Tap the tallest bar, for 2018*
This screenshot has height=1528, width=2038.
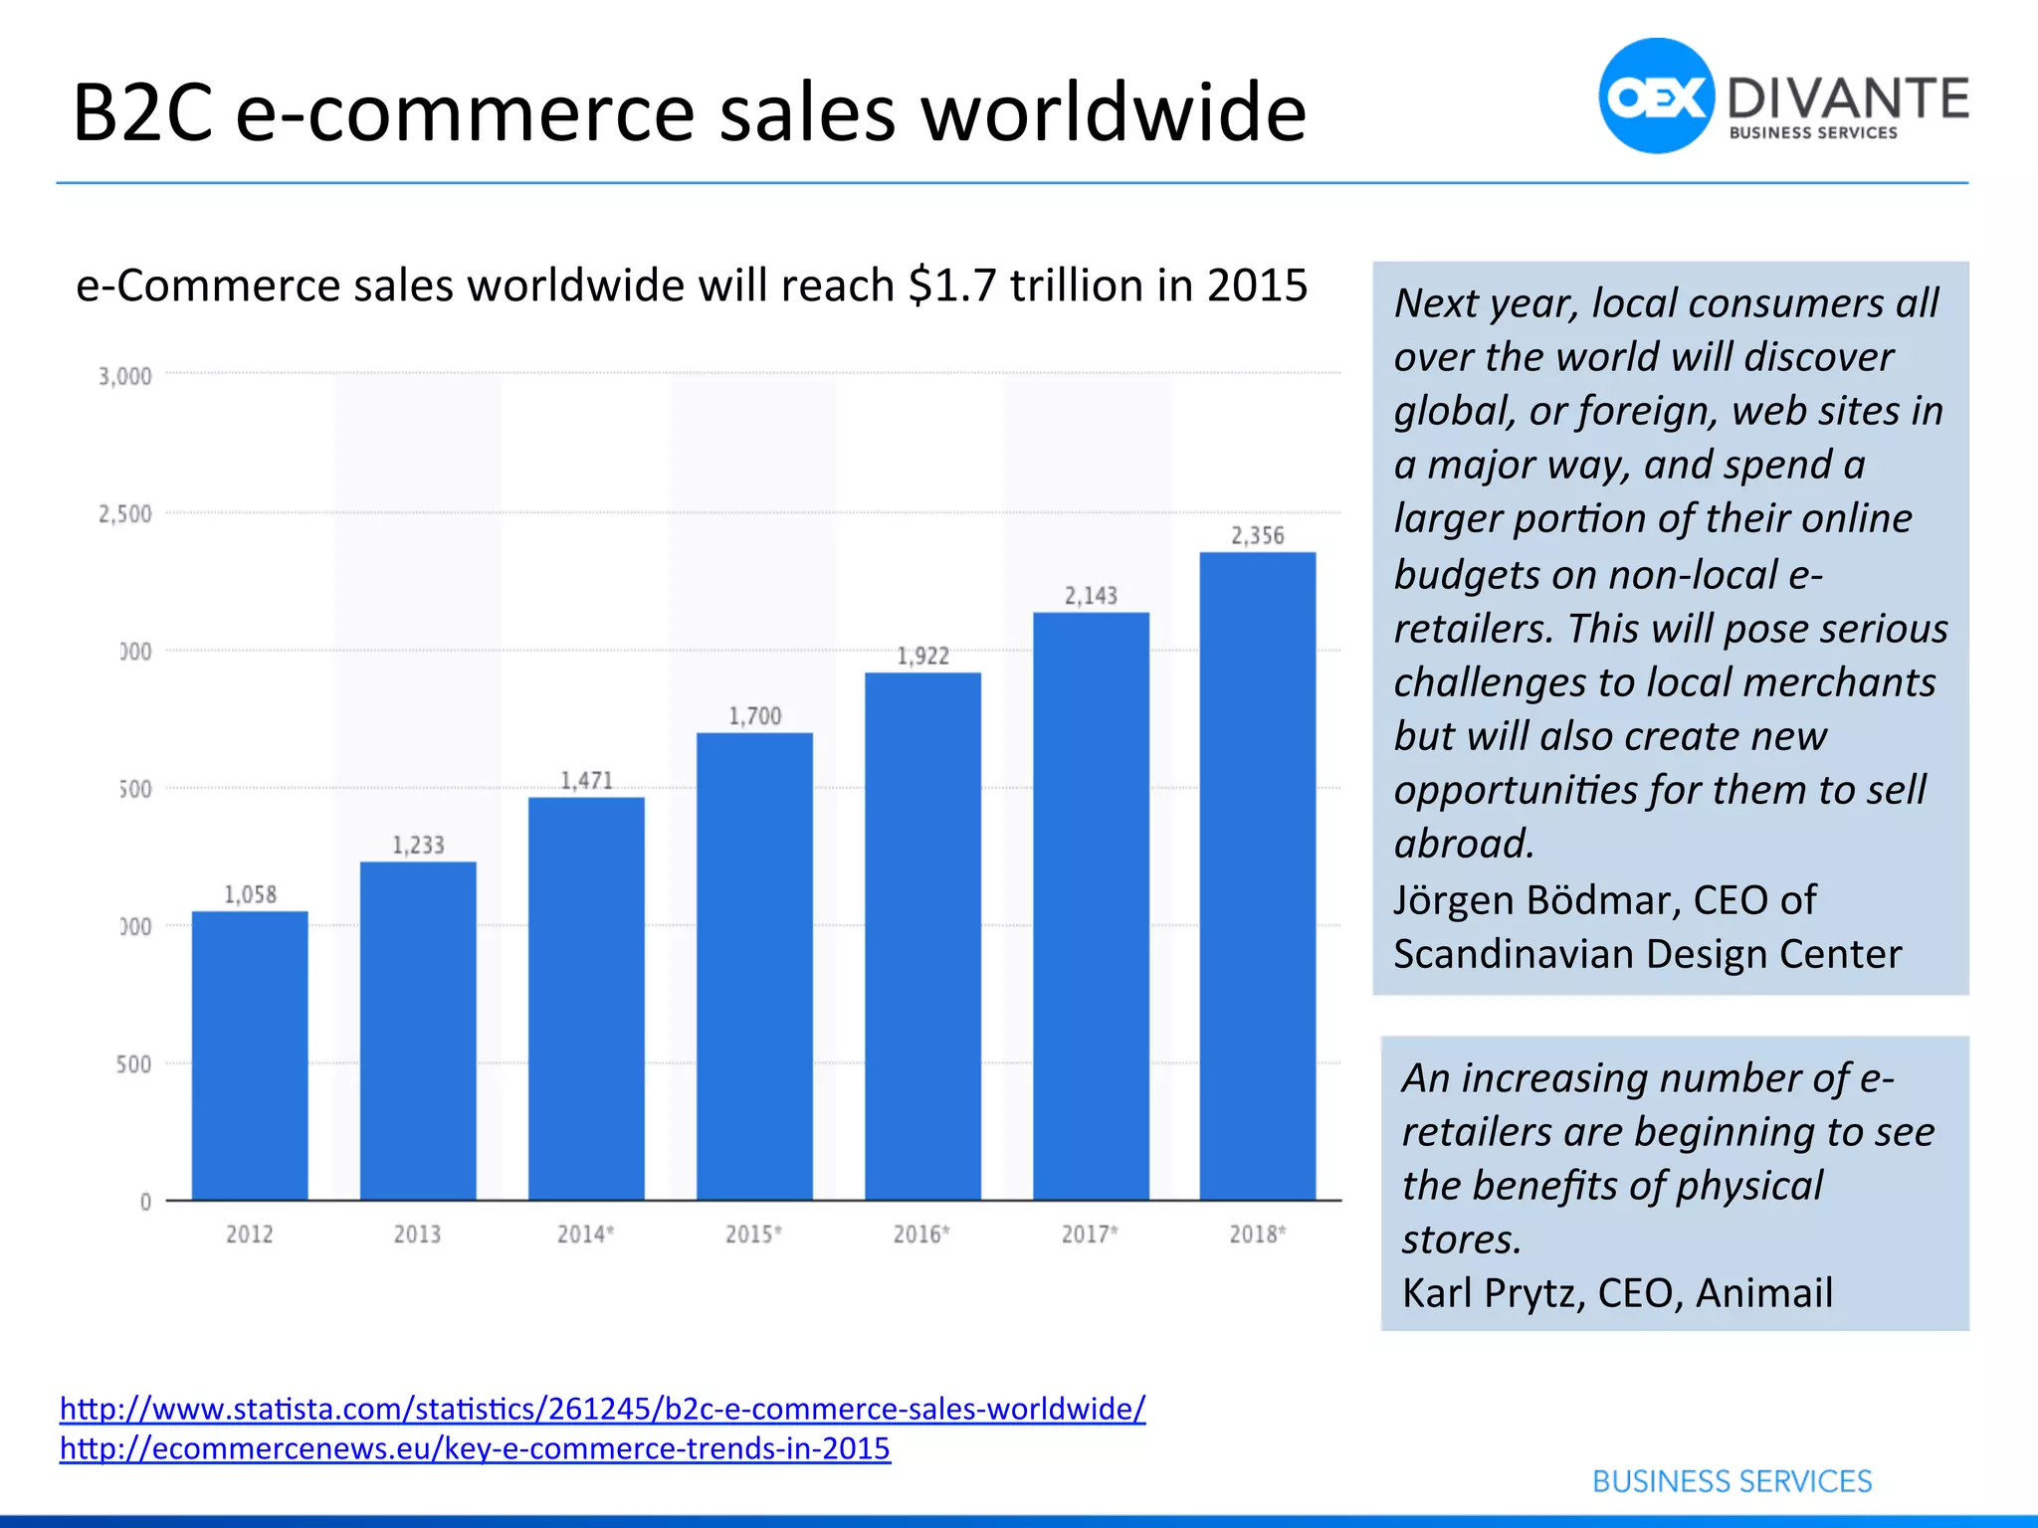[1257, 875]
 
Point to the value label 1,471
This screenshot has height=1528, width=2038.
[586, 781]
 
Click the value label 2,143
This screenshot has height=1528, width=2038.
[1091, 596]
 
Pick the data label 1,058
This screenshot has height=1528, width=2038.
[250, 894]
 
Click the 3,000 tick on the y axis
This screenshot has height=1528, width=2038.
[125, 376]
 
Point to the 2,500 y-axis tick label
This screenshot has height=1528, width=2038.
[125, 514]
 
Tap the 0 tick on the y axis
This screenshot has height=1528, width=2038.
[145, 1202]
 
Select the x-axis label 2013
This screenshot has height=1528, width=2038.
[417, 1235]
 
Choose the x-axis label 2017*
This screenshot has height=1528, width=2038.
[1090, 1235]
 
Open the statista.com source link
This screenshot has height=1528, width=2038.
[602, 1409]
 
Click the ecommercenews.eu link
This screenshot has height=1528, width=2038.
[475, 1448]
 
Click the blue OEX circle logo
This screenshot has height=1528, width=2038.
[1656, 96]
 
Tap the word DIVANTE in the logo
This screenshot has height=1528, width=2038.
[1848, 99]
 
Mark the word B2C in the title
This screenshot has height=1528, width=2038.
[142, 112]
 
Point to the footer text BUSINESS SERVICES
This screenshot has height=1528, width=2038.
[1732, 1481]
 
